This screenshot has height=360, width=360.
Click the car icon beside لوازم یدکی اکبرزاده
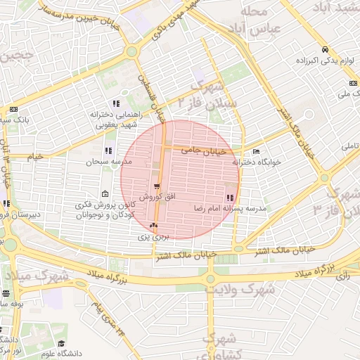[325, 49]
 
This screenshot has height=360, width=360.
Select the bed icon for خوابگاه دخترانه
[256, 151]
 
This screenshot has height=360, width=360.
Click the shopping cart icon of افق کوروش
[156, 186]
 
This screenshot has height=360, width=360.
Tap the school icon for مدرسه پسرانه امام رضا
[231, 198]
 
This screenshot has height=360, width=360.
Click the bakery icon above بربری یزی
[153, 226]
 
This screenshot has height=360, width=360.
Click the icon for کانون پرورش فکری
[105, 194]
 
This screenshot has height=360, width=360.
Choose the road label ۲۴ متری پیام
[112, 319]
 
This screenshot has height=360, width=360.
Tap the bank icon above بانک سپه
[13, 110]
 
